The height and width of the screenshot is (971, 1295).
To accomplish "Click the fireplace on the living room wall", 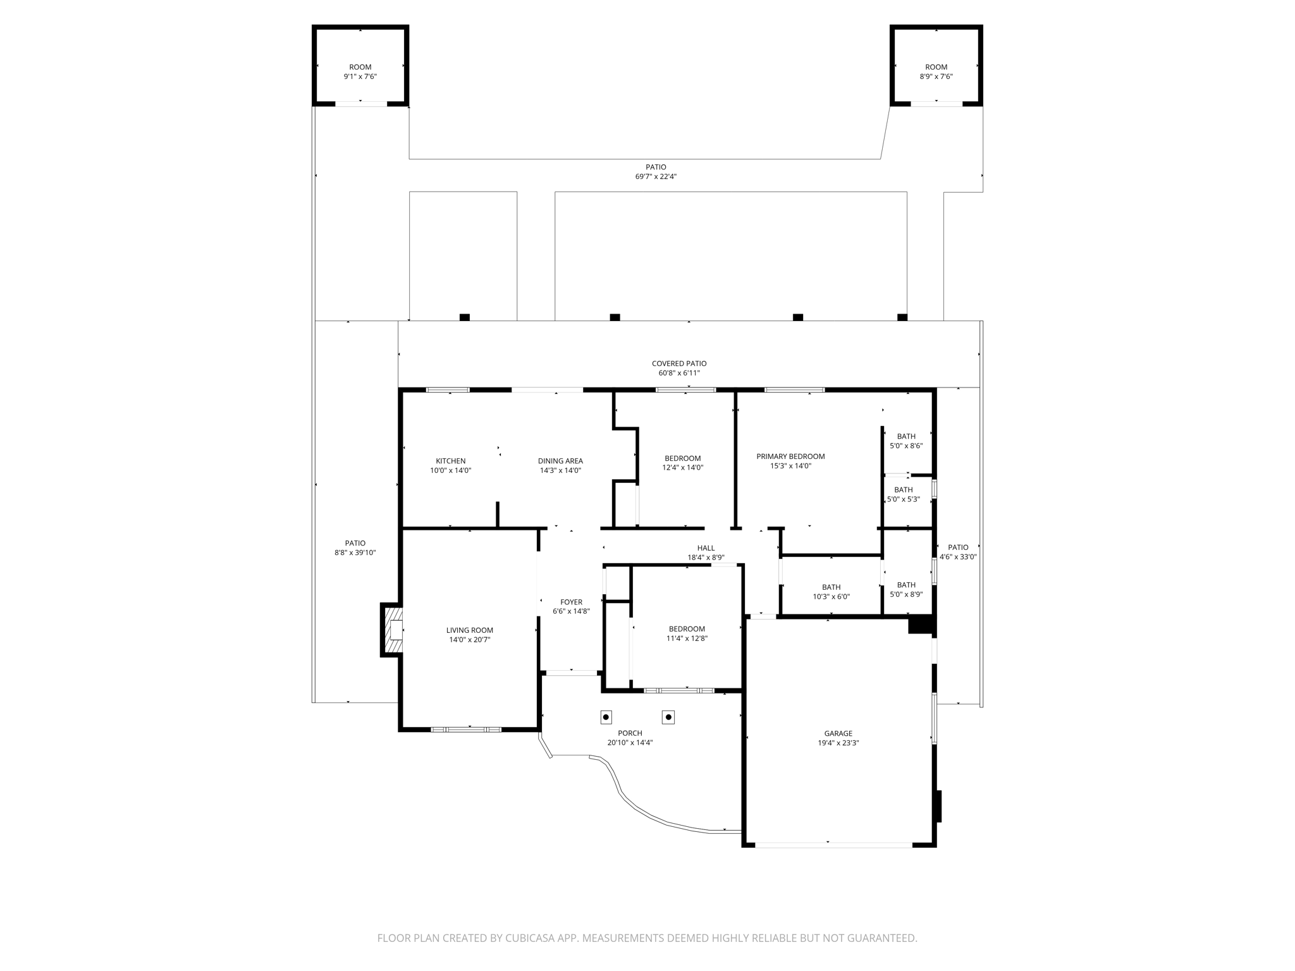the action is point(392,630).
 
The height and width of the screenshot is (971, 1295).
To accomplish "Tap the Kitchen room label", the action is point(451,461).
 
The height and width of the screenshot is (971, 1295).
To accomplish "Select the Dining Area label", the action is point(560,461).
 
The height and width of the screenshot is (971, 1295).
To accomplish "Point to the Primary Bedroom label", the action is point(790,456).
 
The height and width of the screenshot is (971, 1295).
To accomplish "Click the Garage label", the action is point(838,733).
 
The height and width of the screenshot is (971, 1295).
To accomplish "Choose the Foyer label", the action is point(572,602).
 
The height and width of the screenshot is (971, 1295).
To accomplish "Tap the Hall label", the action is point(706,548).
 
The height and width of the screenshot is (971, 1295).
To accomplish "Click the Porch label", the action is point(630,733).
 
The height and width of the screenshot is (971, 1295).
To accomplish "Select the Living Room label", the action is point(470,630).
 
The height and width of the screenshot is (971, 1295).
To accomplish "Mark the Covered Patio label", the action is point(679,363).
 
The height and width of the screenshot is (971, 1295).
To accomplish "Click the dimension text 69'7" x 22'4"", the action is point(656,176).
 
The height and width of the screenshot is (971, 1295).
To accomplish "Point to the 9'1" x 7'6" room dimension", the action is point(360,76).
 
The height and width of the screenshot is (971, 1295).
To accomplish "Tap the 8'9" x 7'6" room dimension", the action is point(936,76).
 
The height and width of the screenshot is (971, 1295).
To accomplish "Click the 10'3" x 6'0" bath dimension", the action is point(832,597).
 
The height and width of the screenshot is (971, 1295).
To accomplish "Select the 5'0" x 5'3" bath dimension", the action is point(904,499).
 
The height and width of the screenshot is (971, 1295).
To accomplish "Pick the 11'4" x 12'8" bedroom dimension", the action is point(687,638).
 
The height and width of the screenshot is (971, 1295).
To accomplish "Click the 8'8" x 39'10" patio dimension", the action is point(355,553).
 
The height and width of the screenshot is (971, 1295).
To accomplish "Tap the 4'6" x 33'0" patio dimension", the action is point(958,557).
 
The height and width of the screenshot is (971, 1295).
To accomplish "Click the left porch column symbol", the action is point(606,717).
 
